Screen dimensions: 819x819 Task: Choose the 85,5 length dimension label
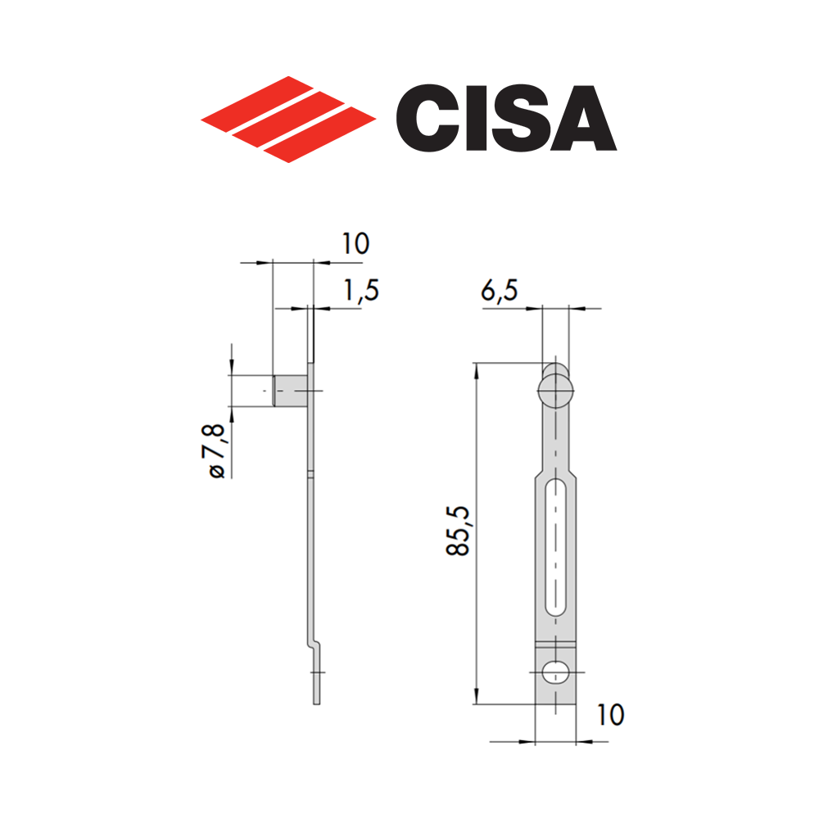point(458,531)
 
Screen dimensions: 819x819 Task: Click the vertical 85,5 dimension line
point(476,573)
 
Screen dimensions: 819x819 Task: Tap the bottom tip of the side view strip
point(317,700)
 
